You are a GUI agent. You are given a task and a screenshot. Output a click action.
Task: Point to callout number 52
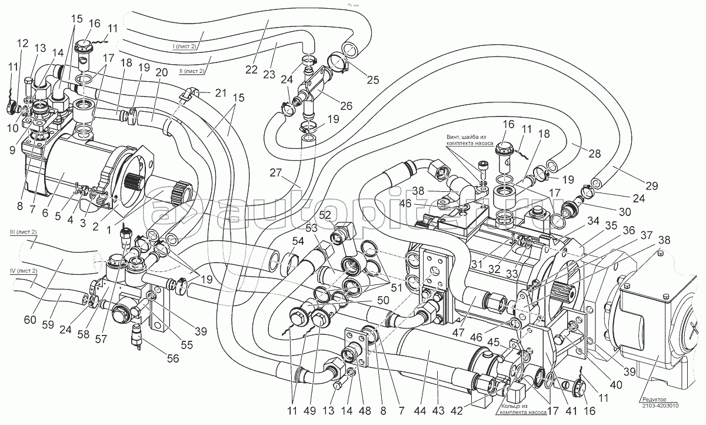click(x=325, y=214)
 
